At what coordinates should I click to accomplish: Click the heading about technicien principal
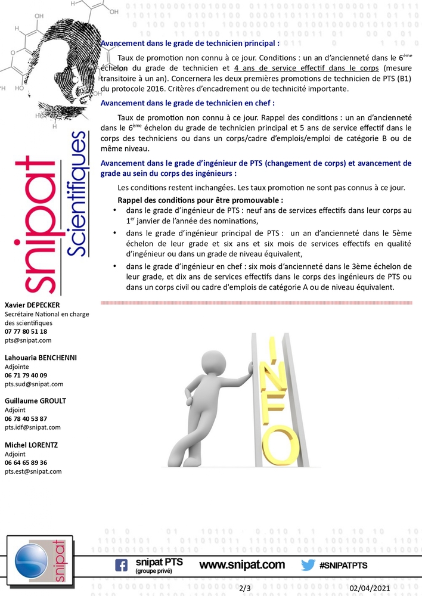click(190, 44)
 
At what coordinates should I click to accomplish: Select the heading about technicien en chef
click(188, 103)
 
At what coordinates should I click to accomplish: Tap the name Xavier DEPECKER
click(32, 305)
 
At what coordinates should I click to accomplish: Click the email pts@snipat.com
click(28, 340)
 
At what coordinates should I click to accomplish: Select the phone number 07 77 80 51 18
click(26, 331)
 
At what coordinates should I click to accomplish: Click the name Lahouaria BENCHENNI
click(41, 358)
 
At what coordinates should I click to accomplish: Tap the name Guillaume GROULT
click(35, 401)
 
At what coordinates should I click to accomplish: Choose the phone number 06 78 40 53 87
click(26, 418)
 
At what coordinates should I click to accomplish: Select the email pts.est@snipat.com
click(33, 471)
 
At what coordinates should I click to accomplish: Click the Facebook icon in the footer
click(121, 564)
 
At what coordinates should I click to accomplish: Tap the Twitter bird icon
click(308, 565)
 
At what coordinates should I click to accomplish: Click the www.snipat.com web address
click(241, 564)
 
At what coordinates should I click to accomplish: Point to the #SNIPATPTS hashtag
click(343, 565)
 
